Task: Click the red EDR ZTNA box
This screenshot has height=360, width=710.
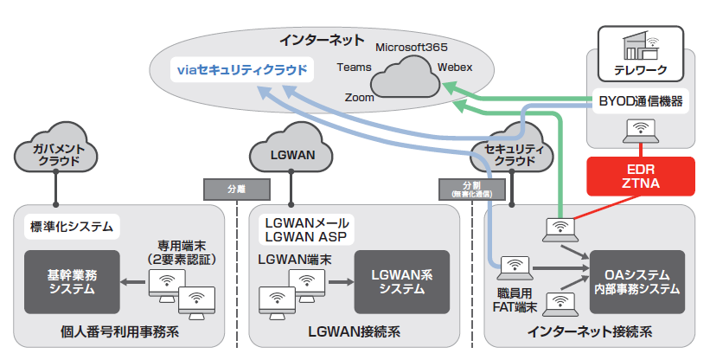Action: tap(641, 175)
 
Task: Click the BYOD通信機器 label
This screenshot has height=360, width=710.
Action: tap(640, 102)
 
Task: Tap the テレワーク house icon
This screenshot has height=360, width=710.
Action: tap(640, 43)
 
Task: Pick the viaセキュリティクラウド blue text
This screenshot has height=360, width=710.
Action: tap(241, 69)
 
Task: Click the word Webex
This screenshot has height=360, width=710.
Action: tap(455, 66)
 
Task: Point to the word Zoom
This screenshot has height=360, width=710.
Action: tap(359, 98)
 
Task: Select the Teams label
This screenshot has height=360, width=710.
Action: tap(354, 67)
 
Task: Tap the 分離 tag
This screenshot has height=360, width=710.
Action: tap(236, 188)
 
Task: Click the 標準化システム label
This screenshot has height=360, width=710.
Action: tap(71, 227)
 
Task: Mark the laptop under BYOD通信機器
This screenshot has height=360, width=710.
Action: tap(640, 132)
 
